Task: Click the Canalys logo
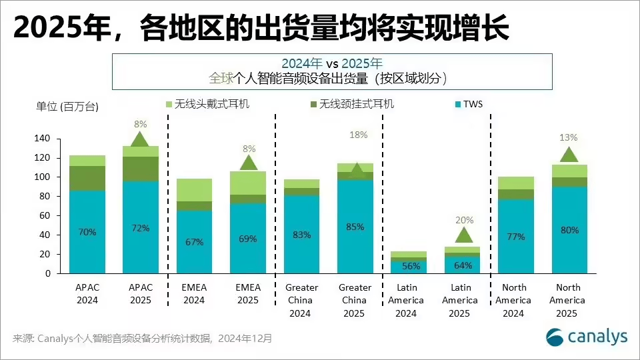(586, 337)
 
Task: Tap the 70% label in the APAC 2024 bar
(87, 233)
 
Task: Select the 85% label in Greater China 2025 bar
(355, 227)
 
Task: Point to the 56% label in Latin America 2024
(409, 265)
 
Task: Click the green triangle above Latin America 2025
(463, 235)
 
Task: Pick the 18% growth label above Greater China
(358, 135)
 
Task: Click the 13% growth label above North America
(569, 138)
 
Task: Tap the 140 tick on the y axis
(41, 139)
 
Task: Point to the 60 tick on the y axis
(44, 216)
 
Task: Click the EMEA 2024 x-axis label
(194, 293)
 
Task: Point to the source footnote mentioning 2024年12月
(143, 339)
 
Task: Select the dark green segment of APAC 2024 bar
(87, 178)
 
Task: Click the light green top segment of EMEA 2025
(248, 183)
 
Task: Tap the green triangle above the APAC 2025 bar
(140, 139)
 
